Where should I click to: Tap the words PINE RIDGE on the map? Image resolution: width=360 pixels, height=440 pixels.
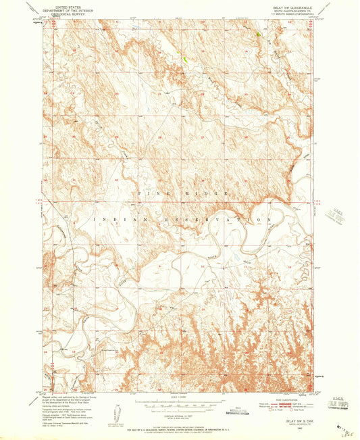coord(179,194)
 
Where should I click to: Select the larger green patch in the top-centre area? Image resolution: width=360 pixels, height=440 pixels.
coord(184,59)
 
